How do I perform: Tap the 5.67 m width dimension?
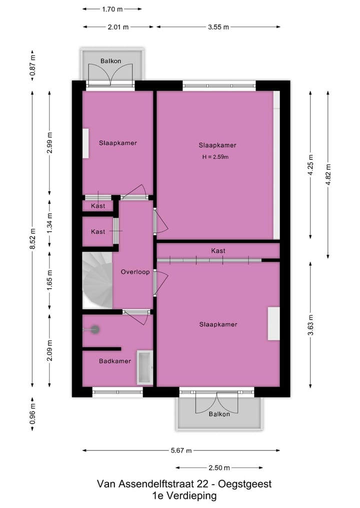(181, 451)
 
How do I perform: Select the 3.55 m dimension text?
(218, 27)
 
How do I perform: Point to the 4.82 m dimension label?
(328, 174)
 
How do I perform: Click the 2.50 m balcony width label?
(219, 468)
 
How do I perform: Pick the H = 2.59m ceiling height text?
(215, 157)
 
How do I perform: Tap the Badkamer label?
(115, 361)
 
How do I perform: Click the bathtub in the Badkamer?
(145, 368)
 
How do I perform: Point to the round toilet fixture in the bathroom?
(94, 329)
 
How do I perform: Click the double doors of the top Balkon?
(111, 76)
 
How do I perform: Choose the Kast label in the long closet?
(217, 251)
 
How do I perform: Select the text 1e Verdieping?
(184, 496)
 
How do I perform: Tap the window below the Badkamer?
(117, 393)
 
